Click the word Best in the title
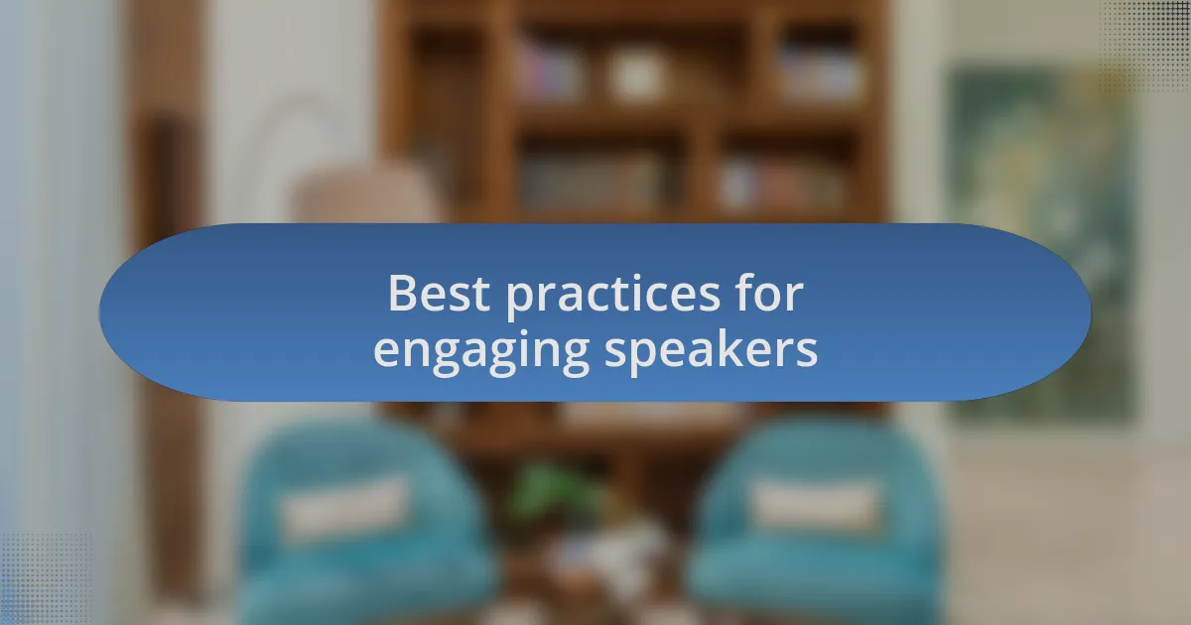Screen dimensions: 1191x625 pyautogui.click(x=439, y=293)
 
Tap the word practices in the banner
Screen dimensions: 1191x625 pyautogui.click(x=612, y=296)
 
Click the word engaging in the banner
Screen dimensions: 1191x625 pyautogui.click(x=481, y=352)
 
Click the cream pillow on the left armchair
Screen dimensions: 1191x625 pyautogui.click(x=344, y=509)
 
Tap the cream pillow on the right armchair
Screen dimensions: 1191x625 pyautogui.click(x=814, y=504)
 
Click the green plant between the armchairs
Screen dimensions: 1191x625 pyautogui.click(x=553, y=492)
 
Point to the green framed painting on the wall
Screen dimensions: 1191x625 pyautogui.click(x=1042, y=244)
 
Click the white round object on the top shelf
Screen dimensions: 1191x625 pyautogui.click(x=636, y=74)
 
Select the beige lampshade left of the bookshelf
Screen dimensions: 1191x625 pyautogui.click(x=367, y=194)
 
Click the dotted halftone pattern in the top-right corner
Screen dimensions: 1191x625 pyautogui.click(x=1145, y=46)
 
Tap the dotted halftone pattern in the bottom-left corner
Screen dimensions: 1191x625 pyautogui.click(x=46, y=579)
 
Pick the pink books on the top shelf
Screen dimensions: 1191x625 pyautogui.click(x=550, y=69)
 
